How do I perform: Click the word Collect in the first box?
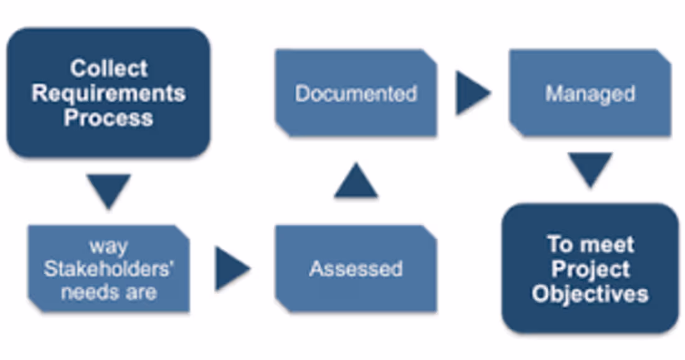tap(108, 68)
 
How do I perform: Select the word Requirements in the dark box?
tap(108, 93)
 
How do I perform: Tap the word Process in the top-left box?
tap(108, 118)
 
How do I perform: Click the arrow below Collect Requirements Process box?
tap(108, 189)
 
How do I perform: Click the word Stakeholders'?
tap(108, 269)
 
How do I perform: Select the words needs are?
tap(108, 292)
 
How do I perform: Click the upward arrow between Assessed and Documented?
tap(356, 182)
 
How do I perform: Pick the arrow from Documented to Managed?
tap(471, 93)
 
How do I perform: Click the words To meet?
tap(590, 244)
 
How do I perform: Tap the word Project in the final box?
tap(590, 269)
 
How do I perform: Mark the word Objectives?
tap(590, 293)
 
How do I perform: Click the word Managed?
tap(590, 94)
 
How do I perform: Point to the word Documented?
tap(356, 94)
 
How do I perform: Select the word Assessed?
tap(356, 269)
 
